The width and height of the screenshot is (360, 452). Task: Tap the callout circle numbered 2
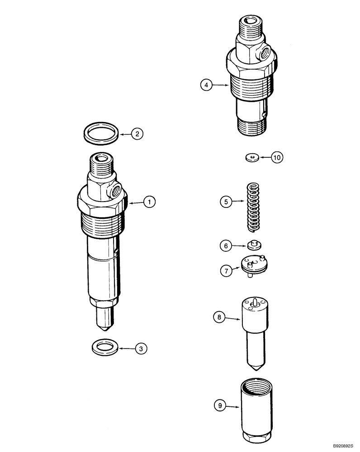137,133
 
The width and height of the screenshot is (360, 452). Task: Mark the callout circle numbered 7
225,271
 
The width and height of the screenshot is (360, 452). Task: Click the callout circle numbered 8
219,317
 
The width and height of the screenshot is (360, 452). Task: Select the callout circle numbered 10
277,157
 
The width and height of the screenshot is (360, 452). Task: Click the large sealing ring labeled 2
102,133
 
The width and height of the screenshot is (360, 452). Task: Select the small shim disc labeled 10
252,157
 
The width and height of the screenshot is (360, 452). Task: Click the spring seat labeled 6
255,245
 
